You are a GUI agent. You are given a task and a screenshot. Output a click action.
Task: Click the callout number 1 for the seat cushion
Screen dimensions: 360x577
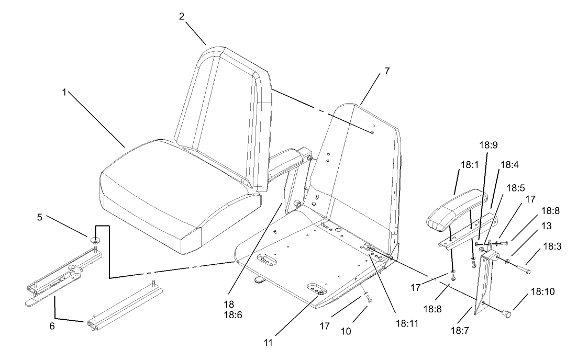pos(65,92)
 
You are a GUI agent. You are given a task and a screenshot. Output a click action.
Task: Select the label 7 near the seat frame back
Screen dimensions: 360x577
pos(387,71)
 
